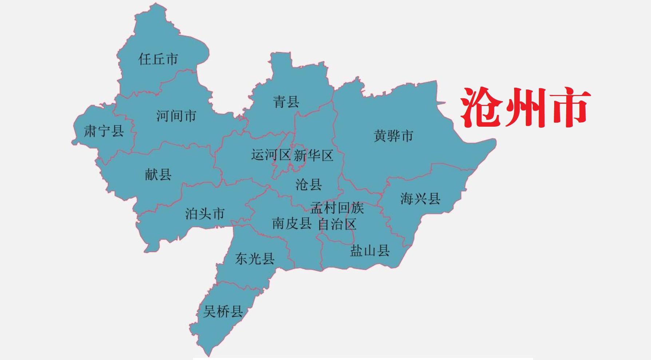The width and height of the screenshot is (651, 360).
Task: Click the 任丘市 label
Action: coord(158,59)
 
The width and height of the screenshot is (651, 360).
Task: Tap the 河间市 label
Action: coord(176,116)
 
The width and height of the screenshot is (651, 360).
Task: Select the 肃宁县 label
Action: coord(104,131)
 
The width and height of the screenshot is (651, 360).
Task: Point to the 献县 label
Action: coord(158,175)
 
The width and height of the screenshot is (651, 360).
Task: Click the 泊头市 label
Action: coord(205,214)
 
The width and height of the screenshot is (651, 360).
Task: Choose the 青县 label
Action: coord(286,102)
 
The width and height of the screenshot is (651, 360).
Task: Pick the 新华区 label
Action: coord(313,156)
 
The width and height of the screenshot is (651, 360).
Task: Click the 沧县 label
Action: coord(309,185)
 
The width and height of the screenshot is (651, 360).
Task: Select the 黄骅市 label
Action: coord(393,136)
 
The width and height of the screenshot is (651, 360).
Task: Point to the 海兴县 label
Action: coord(420,199)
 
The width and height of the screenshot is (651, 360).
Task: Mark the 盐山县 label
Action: coord(370,251)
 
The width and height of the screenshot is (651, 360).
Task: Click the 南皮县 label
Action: coord(292,223)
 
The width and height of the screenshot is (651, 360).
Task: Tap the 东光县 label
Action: coord(255,259)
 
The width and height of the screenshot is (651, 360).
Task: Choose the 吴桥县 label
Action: coord(223,312)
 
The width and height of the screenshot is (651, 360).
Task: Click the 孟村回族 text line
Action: coord(337,208)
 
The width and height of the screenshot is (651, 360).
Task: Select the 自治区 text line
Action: coord(337,224)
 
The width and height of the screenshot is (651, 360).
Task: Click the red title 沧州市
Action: coord(525,108)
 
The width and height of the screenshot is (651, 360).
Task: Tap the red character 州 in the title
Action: coord(525,108)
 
